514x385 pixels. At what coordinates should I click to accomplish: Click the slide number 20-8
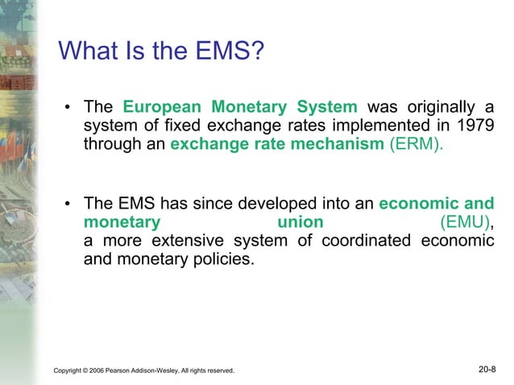[x=487, y=370]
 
